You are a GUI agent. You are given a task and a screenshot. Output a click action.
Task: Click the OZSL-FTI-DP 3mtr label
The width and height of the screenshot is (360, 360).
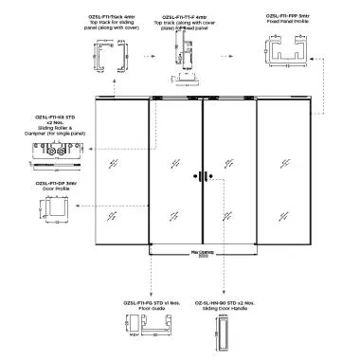coord(54,183)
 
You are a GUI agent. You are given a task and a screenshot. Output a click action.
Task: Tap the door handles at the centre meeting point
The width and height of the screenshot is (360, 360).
coord(202,175)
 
